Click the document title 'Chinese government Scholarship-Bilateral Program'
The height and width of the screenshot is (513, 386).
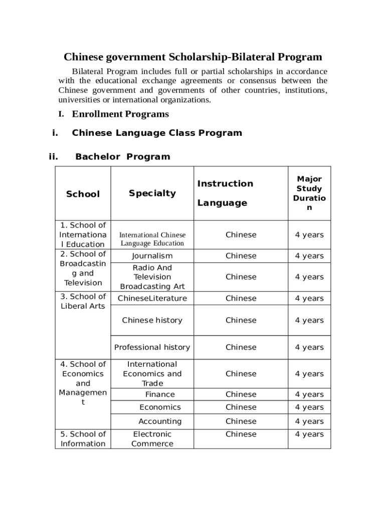click(x=192, y=57)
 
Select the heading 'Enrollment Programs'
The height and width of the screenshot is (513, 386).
click(x=120, y=114)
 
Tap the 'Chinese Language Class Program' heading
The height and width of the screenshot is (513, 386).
click(x=157, y=133)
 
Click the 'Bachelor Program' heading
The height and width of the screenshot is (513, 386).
click(x=122, y=156)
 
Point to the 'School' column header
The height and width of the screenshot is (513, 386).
click(x=83, y=194)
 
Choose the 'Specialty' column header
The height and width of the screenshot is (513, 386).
click(x=152, y=193)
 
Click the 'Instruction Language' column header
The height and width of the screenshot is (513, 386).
click(x=225, y=193)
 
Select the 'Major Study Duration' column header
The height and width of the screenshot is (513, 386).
click(x=309, y=193)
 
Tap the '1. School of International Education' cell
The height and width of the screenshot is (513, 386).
click(x=83, y=234)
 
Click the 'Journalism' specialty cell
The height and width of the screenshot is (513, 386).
click(x=152, y=255)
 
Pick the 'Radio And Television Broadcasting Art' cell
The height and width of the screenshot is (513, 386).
click(x=152, y=277)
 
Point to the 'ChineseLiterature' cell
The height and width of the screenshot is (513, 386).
click(x=152, y=298)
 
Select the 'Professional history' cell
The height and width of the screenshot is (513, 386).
click(x=152, y=347)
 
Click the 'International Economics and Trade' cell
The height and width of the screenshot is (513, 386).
click(x=152, y=374)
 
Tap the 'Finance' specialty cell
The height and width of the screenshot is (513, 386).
click(x=160, y=394)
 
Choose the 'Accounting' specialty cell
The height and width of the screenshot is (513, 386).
click(x=160, y=421)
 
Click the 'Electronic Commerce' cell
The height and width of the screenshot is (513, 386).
click(x=152, y=439)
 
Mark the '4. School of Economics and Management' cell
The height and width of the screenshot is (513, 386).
click(x=83, y=383)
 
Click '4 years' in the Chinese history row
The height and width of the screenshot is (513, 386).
click(x=309, y=320)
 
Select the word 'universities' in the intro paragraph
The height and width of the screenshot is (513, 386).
click(x=79, y=100)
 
